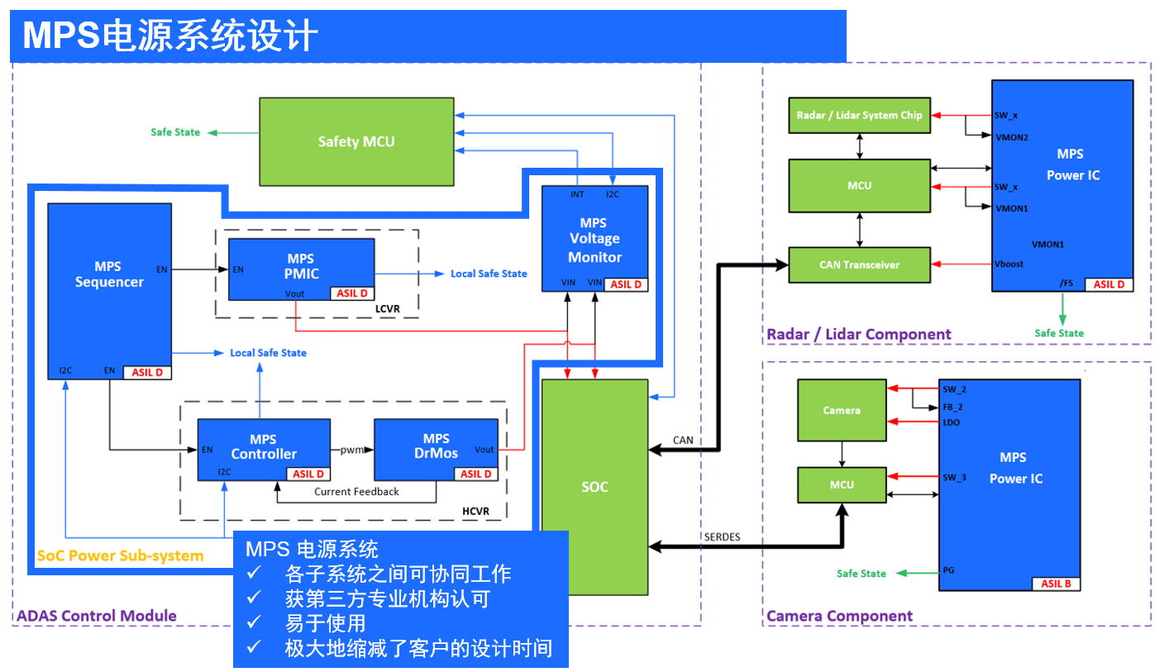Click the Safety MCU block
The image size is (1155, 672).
tap(356, 141)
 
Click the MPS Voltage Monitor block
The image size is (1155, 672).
tap(594, 238)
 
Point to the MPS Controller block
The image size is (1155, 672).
tap(263, 447)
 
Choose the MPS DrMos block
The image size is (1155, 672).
tap(436, 447)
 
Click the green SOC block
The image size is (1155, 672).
tap(594, 487)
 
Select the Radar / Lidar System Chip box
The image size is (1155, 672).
tap(859, 115)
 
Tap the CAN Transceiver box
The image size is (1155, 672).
tap(859, 265)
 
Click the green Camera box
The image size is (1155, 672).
tap(842, 410)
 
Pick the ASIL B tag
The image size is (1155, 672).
tap(1056, 584)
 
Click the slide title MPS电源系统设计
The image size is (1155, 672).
tap(170, 36)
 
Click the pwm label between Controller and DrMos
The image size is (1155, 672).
tap(352, 450)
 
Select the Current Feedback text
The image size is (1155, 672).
tap(356, 492)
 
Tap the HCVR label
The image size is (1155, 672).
tap(475, 511)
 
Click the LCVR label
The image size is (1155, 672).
tap(387, 307)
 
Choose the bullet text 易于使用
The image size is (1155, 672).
tap(325, 622)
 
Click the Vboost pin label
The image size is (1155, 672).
tap(1010, 265)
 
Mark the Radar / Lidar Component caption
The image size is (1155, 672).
tap(859, 335)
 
